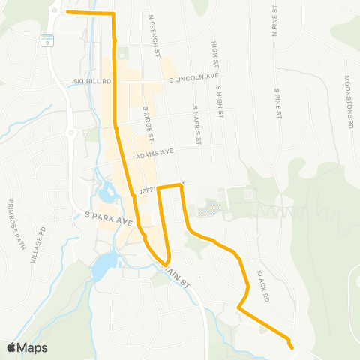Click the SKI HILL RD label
pos(93,81)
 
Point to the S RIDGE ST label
pos(148,122)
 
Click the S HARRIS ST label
pos(198,124)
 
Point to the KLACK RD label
pos(262,286)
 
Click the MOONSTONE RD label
pos(349,102)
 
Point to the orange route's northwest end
pos(67,12)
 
